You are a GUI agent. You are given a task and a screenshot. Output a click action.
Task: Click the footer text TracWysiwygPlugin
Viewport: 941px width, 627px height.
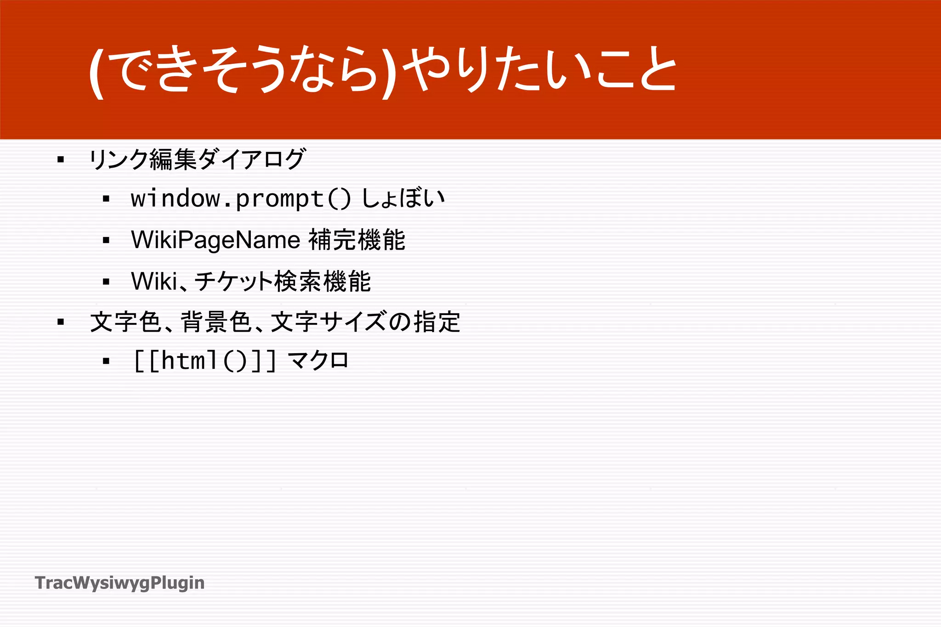click(x=119, y=583)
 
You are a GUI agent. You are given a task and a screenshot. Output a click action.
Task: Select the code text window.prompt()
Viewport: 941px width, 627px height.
click(x=241, y=199)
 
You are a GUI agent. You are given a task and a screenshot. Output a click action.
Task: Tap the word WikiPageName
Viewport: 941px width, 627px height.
click(x=215, y=240)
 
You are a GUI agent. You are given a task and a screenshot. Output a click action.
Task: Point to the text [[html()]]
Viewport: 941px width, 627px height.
click(x=205, y=361)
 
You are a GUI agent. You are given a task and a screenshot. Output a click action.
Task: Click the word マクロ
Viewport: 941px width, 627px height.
click(x=318, y=361)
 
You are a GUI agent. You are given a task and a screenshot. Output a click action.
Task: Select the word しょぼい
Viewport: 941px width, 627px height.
click(x=403, y=199)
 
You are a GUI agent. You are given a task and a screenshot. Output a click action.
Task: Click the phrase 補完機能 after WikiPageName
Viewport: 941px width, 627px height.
click(x=357, y=240)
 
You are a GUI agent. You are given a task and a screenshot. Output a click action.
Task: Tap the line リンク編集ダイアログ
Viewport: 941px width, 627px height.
click(x=197, y=159)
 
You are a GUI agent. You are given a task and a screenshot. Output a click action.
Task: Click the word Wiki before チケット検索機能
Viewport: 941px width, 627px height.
click(x=154, y=281)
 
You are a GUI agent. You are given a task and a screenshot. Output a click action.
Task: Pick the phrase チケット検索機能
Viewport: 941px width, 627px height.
click(x=283, y=281)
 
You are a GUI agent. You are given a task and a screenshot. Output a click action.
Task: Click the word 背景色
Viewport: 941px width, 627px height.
click(x=216, y=322)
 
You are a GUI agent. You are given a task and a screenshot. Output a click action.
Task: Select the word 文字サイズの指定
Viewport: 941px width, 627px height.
click(x=366, y=322)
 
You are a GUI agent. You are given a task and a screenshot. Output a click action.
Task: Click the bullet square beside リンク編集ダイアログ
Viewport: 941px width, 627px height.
click(x=61, y=160)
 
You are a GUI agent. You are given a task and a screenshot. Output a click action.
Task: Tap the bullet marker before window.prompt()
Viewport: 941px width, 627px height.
click(x=106, y=199)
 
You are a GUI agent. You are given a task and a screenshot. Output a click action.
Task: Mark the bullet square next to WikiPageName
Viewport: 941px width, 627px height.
click(x=106, y=240)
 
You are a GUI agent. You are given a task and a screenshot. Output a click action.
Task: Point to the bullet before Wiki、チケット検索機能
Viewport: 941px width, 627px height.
click(x=106, y=282)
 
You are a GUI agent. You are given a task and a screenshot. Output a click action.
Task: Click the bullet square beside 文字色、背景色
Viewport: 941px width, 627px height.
click(x=61, y=322)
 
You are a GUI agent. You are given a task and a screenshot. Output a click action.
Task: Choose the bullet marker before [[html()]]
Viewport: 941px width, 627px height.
click(x=106, y=361)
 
